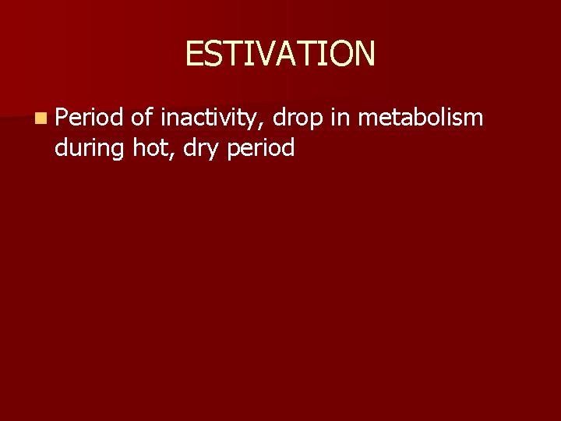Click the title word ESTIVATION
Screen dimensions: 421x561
280,54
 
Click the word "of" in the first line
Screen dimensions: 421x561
142,118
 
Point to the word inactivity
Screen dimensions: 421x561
209,119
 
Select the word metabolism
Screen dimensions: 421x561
421,118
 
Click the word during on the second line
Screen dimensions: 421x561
90,147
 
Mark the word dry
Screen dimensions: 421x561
196,148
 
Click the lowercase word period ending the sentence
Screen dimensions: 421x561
259,148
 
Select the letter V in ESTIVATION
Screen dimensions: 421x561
269,54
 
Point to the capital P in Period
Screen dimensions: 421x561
62,118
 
